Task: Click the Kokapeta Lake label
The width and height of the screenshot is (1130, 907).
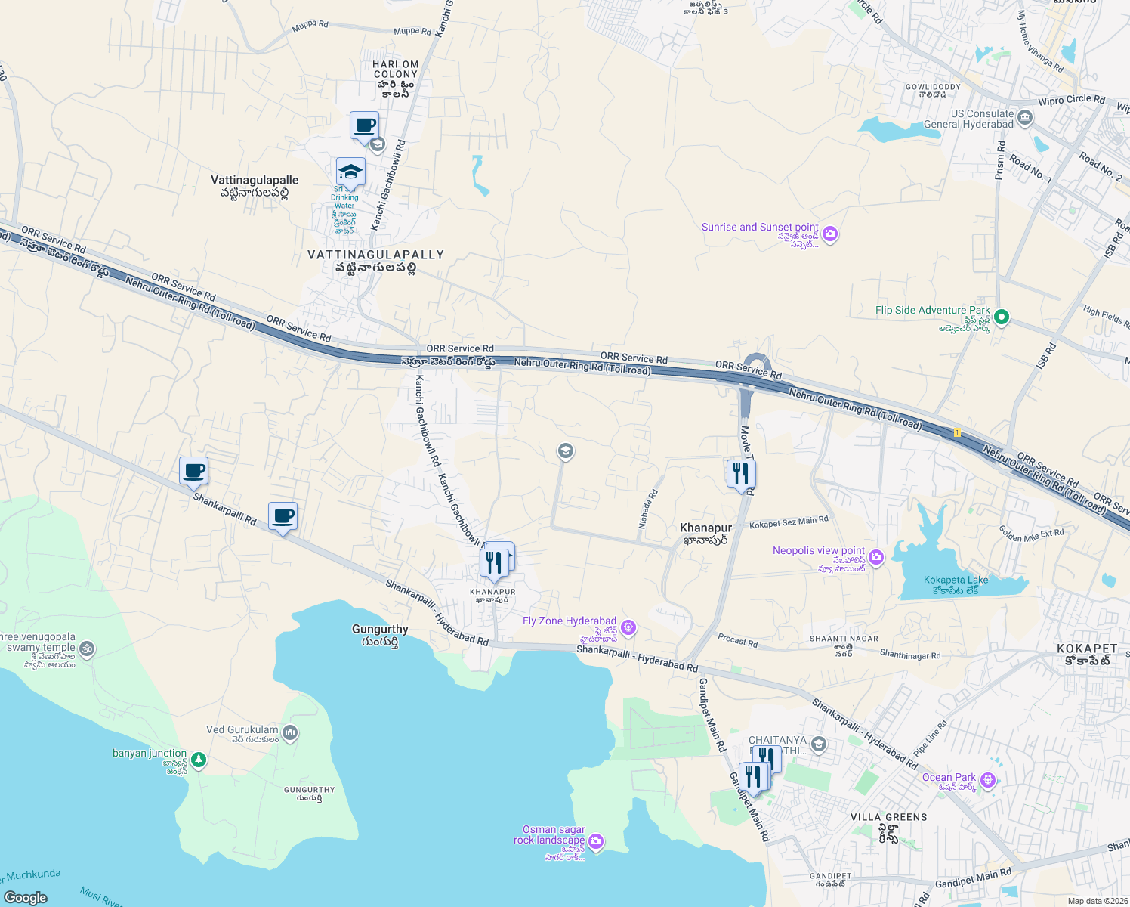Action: point(956,580)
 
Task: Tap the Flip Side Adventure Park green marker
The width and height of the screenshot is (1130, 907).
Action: point(1002,317)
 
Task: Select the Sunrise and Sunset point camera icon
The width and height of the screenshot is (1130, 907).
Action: point(830,234)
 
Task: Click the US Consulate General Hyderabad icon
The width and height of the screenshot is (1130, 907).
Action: point(1025,117)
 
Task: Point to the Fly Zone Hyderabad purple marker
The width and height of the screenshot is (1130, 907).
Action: point(628,628)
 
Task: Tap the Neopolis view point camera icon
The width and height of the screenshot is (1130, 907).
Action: point(876,558)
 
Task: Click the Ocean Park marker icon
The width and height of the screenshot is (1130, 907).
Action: point(987,782)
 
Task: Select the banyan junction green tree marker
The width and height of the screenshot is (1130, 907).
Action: point(199,760)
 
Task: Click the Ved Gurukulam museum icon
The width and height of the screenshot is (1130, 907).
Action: point(291,733)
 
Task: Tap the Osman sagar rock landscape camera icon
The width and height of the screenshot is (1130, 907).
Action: point(596,841)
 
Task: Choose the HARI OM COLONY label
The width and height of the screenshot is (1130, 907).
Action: point(395,70)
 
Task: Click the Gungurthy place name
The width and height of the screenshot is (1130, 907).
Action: point(380,629)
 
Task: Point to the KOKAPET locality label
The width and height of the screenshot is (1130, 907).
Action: point(1087,649)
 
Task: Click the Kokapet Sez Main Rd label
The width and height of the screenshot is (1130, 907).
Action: point(789,522)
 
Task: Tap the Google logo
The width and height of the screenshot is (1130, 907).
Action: point(26,897)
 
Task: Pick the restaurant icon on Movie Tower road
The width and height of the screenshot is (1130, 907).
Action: point(741,474)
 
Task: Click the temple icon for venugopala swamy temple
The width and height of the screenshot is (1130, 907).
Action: point(87,649)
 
